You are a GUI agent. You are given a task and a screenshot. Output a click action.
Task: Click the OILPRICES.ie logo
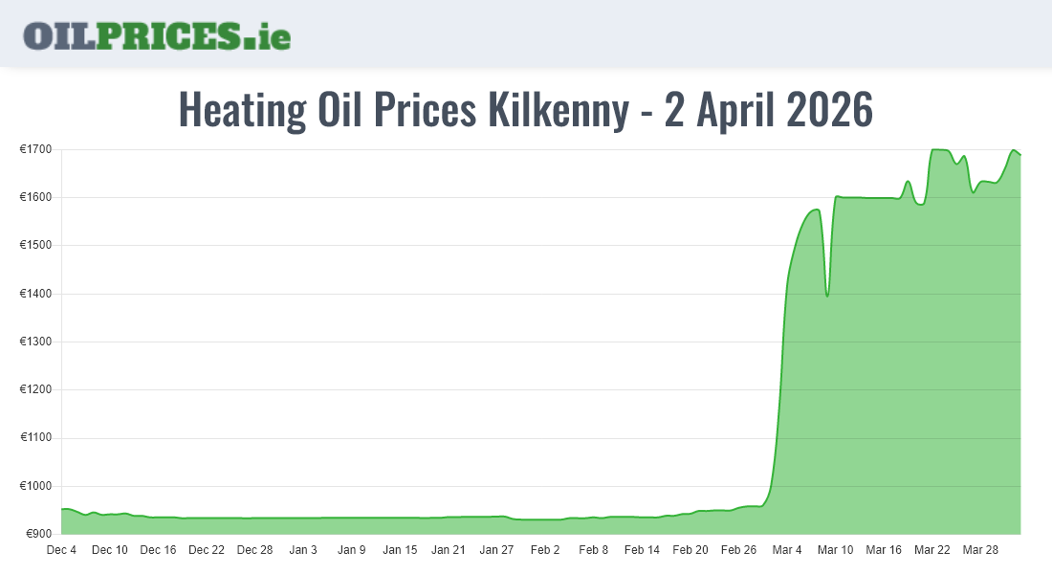(157, 35)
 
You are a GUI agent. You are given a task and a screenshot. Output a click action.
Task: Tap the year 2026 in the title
(830, 111)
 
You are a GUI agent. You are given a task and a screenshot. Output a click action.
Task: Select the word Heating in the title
(241, 111)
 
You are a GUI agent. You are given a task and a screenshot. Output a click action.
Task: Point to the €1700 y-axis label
(39, 149)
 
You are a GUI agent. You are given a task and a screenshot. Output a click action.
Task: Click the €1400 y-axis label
(39, 294)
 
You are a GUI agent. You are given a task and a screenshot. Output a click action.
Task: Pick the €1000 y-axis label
(39, 486)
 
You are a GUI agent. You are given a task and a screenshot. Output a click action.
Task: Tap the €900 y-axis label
(41, 534)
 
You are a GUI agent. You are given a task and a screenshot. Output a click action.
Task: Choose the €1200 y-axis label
(39, 389)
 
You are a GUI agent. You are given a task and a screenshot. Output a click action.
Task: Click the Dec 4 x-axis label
(61, 550)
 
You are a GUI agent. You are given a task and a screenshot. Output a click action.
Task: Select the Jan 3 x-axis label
(303, 550)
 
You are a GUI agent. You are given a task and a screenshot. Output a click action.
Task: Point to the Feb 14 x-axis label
(642, 550)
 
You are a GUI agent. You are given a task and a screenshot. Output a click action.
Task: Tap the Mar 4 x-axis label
(787, 550)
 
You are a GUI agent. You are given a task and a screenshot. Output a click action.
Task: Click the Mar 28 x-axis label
(980, 550)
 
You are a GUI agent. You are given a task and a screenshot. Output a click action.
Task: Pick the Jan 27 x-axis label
(496, 550)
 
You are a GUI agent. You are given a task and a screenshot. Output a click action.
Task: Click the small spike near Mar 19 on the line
(908, 182)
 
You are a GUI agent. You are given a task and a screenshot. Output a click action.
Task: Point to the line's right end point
(1020, 155)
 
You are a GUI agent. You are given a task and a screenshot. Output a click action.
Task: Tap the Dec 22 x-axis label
(207, 550)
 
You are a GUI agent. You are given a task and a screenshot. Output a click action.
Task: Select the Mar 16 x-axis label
(884, 550)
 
